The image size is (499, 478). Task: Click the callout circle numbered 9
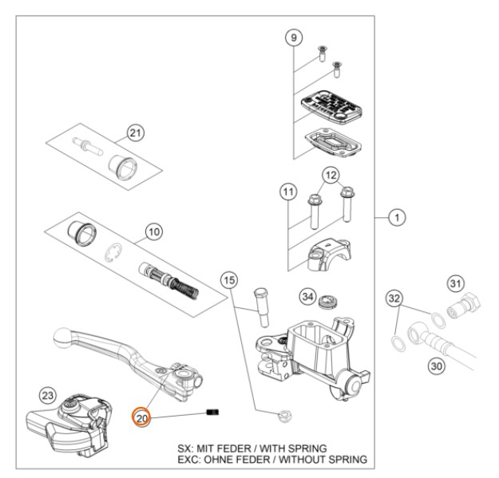293,37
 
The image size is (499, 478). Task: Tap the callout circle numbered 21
137,132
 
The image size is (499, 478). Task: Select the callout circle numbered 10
153,232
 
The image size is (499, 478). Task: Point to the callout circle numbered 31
456,282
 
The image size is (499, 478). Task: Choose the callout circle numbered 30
437,365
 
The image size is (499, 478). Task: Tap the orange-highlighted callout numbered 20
142,417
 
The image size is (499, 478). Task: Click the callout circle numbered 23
47,394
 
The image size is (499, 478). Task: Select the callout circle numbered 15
230,281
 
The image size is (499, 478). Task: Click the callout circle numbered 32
393,298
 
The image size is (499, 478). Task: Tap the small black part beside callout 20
212,413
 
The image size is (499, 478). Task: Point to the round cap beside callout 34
327,302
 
